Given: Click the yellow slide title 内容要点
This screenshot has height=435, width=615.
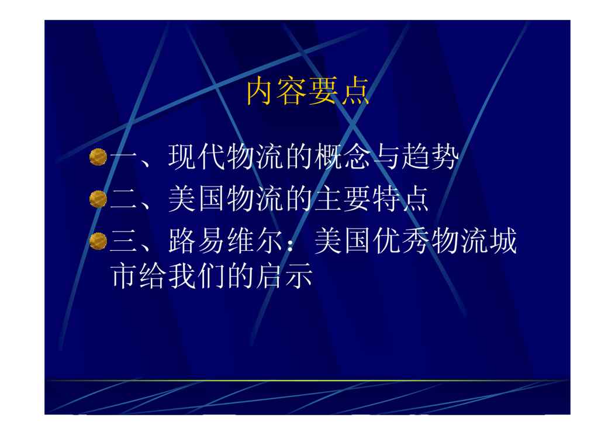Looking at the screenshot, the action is tap(308, 91).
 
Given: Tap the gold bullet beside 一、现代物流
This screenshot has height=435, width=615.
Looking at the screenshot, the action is tap(98, 157).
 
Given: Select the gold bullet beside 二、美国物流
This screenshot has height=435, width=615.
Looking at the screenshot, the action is tap(98, 199).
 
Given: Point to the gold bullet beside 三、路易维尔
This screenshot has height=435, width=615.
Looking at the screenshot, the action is tap(98, 241).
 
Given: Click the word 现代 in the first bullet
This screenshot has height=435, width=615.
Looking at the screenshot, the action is tap(197, 157).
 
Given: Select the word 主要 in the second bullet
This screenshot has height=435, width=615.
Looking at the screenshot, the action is tap(343, 199).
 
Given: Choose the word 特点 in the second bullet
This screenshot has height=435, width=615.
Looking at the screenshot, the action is tap(401, 199).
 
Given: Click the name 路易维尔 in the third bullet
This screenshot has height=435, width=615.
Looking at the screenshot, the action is tap(226, 241).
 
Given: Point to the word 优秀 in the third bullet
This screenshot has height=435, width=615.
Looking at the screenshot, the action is tap(401, 241).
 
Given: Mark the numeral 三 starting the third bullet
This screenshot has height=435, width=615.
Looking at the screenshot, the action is tap(124, 241).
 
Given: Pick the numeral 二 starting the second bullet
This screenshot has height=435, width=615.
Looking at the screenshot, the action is tap(124, 199).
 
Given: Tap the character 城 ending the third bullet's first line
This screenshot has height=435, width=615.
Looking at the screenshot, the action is tap(503, 241).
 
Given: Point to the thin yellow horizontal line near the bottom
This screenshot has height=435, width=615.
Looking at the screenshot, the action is tap(307, 380).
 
